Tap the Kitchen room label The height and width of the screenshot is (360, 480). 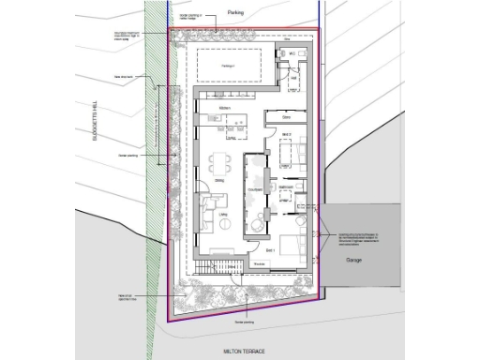point(225,109)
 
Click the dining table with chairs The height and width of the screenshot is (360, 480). point(224,159)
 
